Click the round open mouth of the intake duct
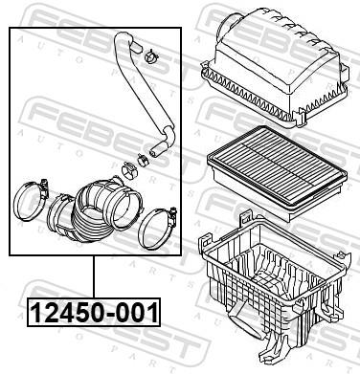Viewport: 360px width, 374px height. (x=123, y=196)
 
